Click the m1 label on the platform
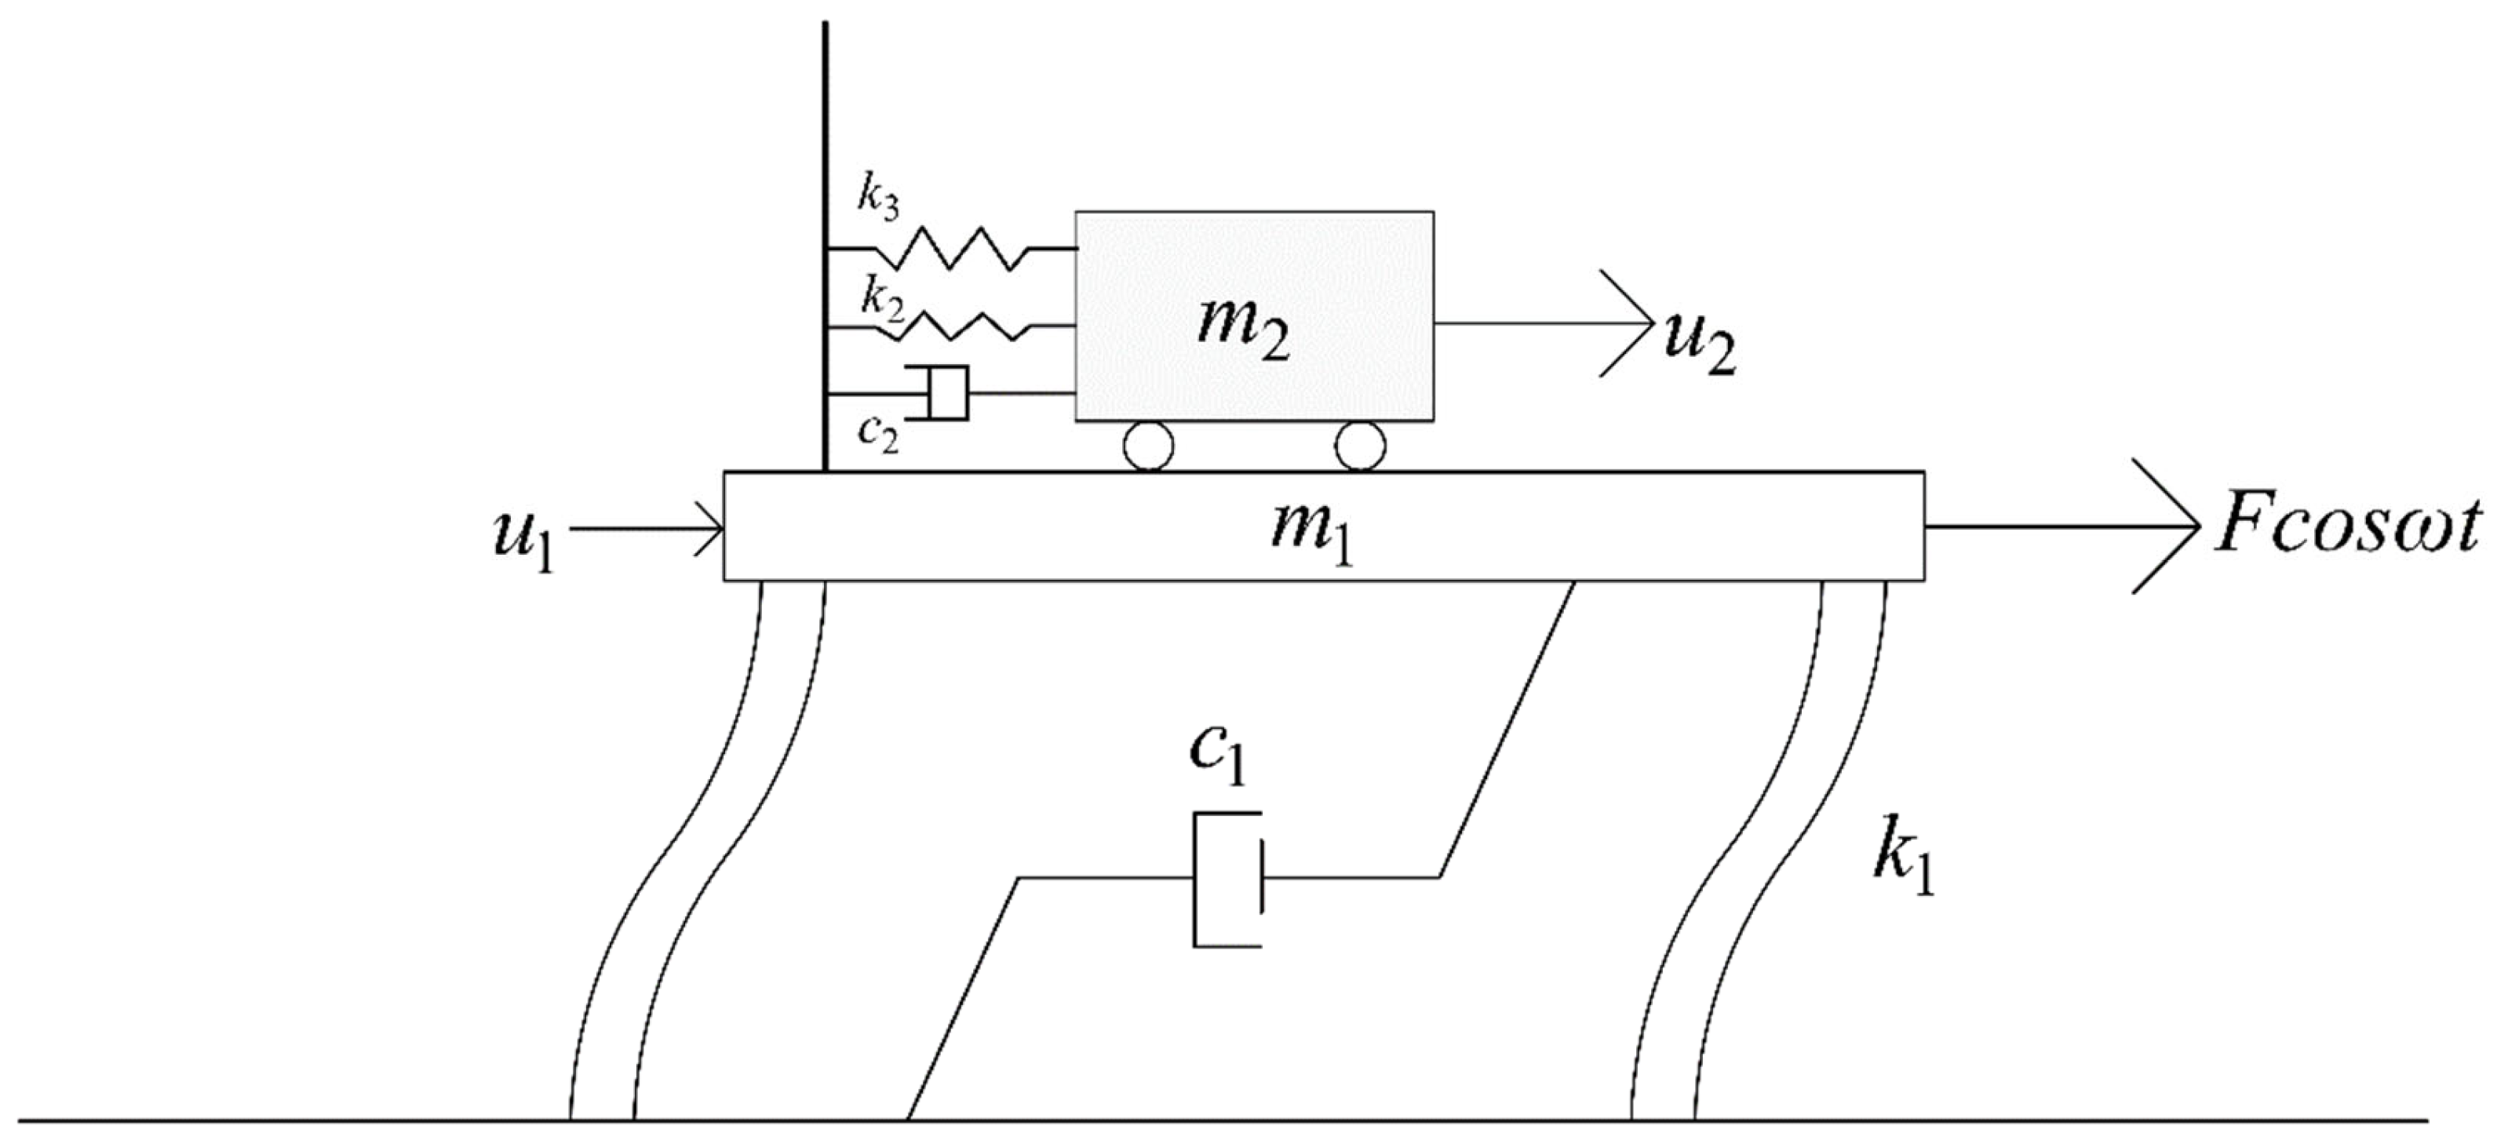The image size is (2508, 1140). tap(1311, 534)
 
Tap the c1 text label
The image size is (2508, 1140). tap(1217, 756)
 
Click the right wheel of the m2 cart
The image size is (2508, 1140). tap(1360, 446)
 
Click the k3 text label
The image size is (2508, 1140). tap(877, 198)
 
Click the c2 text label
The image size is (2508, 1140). tap(877, 433)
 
